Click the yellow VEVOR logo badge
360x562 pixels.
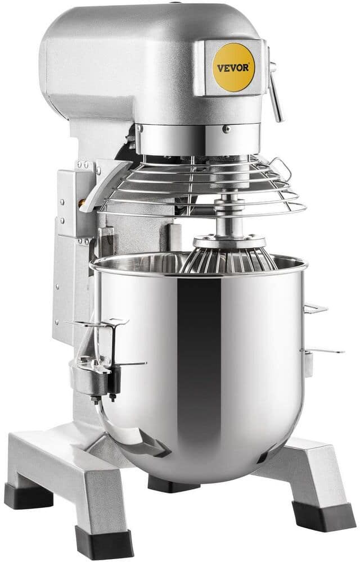[x=233, y=67]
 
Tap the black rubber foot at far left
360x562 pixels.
[x=28, y=496]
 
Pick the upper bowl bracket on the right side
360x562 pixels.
[x=316, y=308]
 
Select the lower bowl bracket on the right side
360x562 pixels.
[x=322, y=351]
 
